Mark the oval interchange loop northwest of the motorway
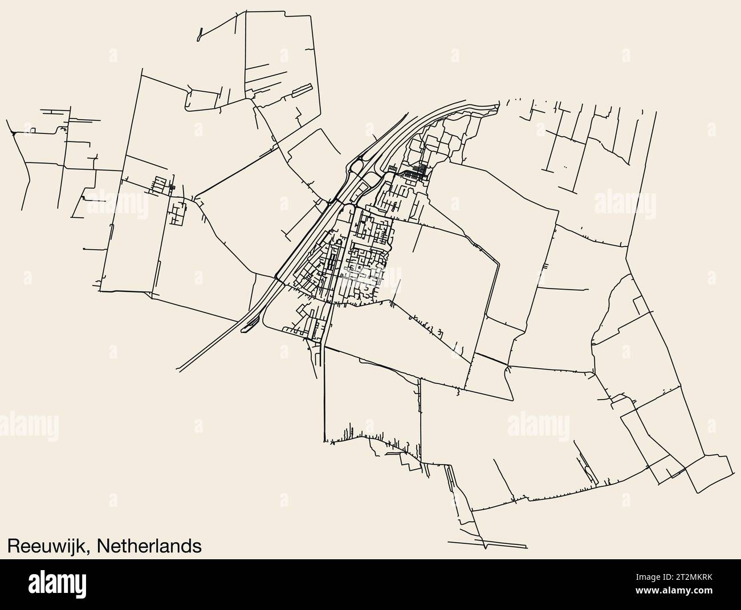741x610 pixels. click(359, 166)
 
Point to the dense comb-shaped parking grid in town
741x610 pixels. click(422, 169)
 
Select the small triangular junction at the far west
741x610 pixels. click(13, 135)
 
